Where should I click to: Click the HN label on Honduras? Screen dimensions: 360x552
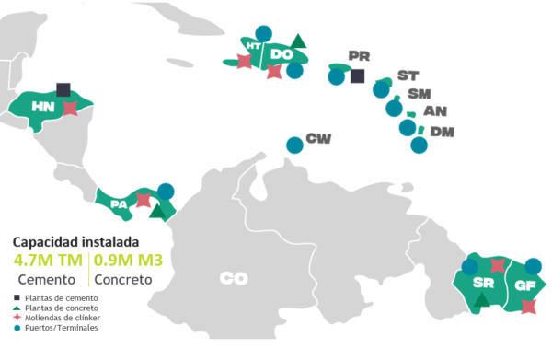pyautogui.click(x=41, y=108)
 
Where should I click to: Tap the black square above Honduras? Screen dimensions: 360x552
pyautogui.click(x=63, y=89)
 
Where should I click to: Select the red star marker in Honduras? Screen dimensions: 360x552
pyautogui.click(x=71, y=108)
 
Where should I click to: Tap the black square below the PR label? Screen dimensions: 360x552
pyautogui.click(x=358, y=75)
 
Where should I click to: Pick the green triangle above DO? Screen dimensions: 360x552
pyautogui.click(x=298, y=41)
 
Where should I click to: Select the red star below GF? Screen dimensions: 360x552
pyautogui.click(x=527, y=306)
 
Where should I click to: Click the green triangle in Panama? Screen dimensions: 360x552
pyautogui.click(x=157, y=212)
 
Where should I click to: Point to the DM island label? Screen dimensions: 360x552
pyautogui.click(x=443, y=132)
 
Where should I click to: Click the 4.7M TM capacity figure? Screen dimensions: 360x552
pyautogui.click(x=48, y=260)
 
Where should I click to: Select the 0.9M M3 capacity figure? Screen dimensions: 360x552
pyautogui.click(x=129, y=260)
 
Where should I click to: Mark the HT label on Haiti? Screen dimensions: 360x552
pyautogui.click(x=253, y=44)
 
